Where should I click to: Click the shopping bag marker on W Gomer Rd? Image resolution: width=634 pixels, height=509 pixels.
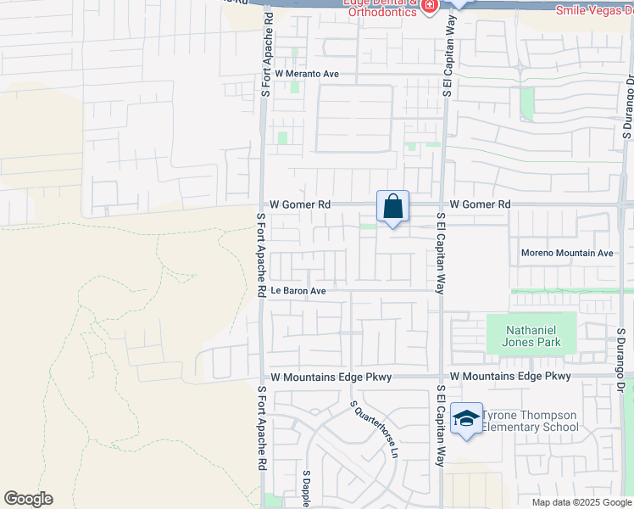pyautogui.click(x=392, y=206)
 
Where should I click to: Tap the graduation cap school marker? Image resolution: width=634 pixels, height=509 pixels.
pyautogui.click(x=466, y=418)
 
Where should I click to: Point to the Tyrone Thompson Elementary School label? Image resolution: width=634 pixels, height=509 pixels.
pyautogui.click(x=531, y=421)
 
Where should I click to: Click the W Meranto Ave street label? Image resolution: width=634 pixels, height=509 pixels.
pyautogui.click(x=307, y=75)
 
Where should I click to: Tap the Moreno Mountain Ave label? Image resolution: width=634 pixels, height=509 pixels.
pyautogui.click(x=566, y=254)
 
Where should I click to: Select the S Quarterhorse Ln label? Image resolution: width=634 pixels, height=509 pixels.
pyautogui.click(x=374, y=429)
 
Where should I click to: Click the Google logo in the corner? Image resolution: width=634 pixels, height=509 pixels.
pyautogui.click(x=28, y=499)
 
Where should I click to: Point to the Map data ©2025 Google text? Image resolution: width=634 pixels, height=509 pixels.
pyautogui.click(x=581, y=502)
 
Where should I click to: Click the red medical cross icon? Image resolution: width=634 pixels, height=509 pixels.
pyautogui.click(x=430, y=7)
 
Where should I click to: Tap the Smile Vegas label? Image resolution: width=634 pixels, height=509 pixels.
pyautogui.click(x=593, y=9)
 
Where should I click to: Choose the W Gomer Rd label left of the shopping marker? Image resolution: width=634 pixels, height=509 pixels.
pyautogui.click(x=300, y=204)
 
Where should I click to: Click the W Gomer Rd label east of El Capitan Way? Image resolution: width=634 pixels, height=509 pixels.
pyautogui.click(x=481, y=204)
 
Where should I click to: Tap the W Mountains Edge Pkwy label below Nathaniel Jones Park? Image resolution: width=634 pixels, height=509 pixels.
pyautogui.click(x=510, y=376)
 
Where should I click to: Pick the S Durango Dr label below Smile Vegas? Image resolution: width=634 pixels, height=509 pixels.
pyautogui.click(x=628, y=106)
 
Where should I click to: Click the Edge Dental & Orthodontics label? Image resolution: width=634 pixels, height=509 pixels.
pyautogui.click(x=381, y=7)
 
